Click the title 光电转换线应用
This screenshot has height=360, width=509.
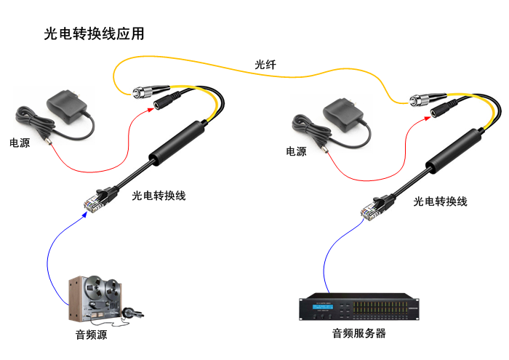tap(94, 33)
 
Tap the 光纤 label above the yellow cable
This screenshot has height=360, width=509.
tap(265, 65)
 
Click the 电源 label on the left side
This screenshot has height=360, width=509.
tap(20, 143)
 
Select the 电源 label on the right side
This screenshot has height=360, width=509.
tap(296, 151)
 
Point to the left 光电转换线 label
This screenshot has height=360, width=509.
tap(159, 195)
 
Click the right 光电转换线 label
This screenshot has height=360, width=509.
tap(440, 201)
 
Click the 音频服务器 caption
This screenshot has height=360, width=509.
tap(358, 334)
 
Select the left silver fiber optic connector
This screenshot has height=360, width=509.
tap(140, 92)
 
